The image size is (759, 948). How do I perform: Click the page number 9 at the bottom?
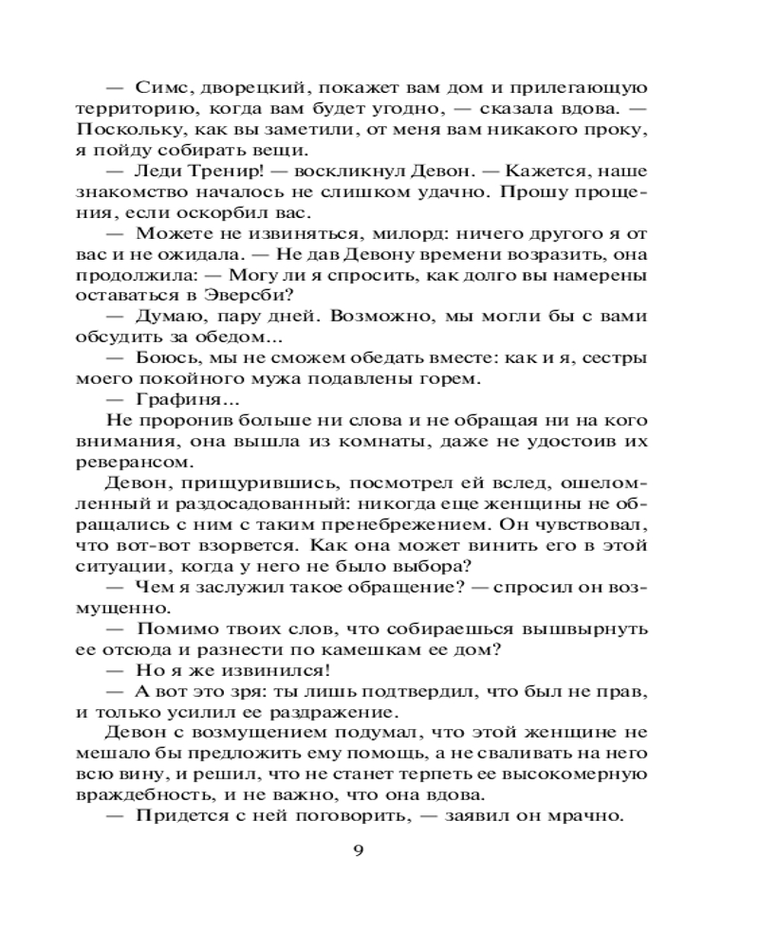[x=358, y=848]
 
